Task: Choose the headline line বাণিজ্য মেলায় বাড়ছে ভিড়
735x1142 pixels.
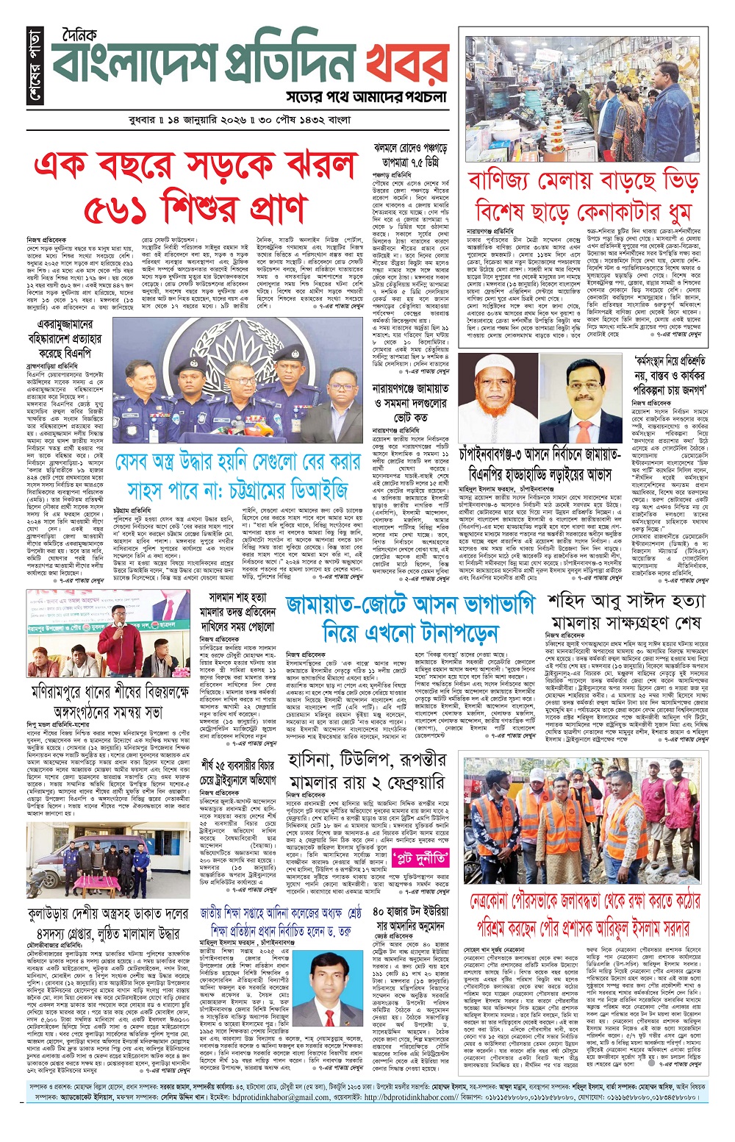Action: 583,180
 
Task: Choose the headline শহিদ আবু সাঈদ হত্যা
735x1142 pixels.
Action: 626,601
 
